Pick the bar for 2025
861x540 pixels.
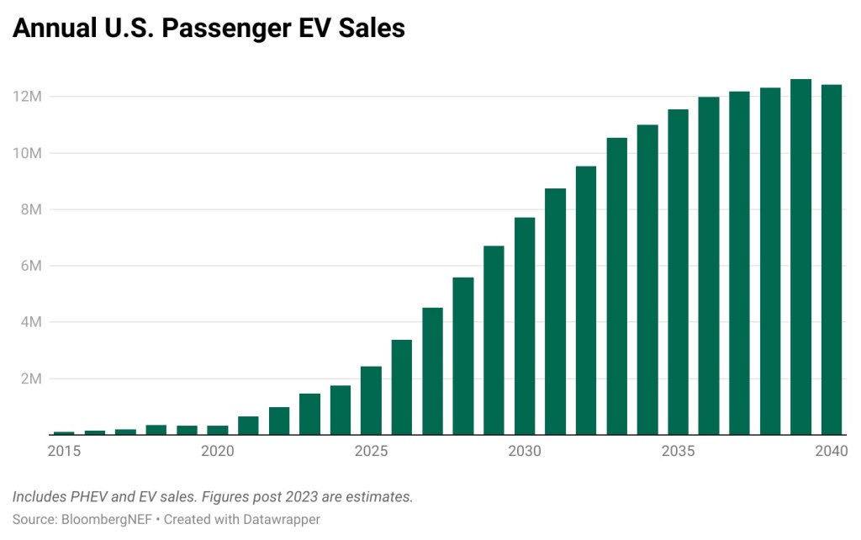pyautogui.click(x=371, y=400)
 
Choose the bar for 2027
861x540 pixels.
pyautogui.click(x=432, y=371)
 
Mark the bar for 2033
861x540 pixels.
pyautogui.click(x=616, y=286)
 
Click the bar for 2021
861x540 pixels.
pyautogui.click(x=248, y=426)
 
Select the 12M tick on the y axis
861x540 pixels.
pyautogui.click(x=27, y=97)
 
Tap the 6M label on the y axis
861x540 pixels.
pyautogui.click(x=30, y=266)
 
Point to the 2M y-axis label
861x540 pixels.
pyautogui.click(x=30, y=379)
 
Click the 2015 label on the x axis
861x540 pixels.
pyautogui.click(x=64, y=452)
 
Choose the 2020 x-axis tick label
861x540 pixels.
pyautogui.click(x=218, y=452)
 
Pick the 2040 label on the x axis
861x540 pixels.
pyautogui.click(x=832, y=452)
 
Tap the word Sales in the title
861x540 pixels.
pyautogui.click(x=372, y=28)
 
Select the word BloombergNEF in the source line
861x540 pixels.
pyautogui.click(x=104, y=519)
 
